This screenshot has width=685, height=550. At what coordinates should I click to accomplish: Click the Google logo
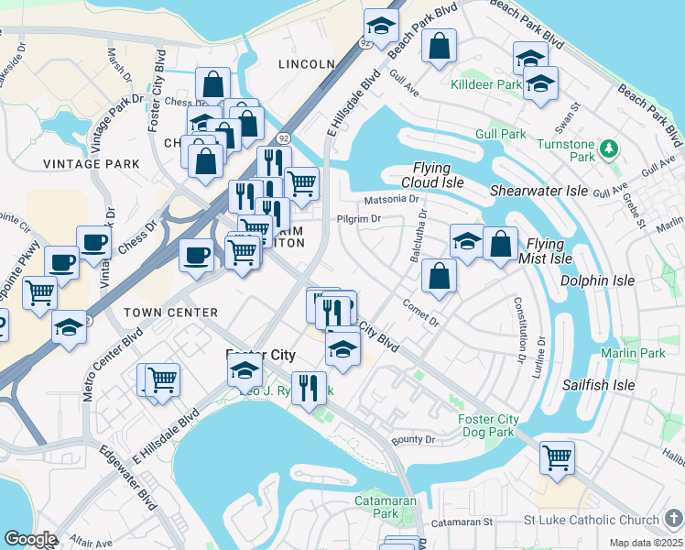[30, 539]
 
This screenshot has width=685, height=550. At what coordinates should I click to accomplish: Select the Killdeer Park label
[486, 84]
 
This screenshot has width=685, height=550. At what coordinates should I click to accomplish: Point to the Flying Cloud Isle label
[431, 175]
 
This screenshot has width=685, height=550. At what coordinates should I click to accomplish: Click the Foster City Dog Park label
[488, 426]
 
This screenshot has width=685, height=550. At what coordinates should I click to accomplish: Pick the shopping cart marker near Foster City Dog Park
[557, 456]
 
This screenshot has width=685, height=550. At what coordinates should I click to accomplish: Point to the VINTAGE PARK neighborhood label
[92, 164]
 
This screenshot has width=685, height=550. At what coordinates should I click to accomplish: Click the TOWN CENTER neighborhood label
[169, 313]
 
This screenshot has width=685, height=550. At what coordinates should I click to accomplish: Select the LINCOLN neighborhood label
[306, 64]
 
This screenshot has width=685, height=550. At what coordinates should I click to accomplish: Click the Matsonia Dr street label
[391, 198]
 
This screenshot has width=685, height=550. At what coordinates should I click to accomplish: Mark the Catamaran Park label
[386, 508]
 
